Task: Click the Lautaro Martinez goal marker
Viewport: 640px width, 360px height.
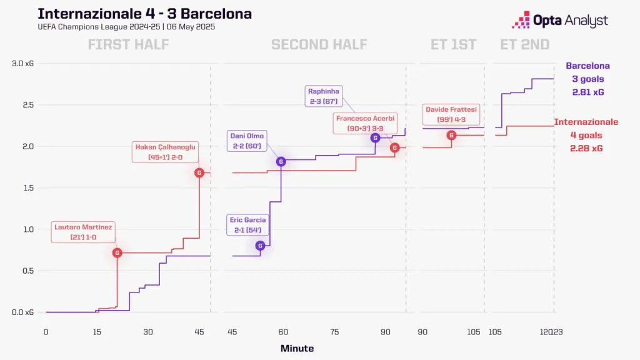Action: click(117, 252)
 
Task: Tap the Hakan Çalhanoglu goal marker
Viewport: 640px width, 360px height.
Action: click(199, 172)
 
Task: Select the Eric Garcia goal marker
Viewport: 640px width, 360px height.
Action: click(260, 246)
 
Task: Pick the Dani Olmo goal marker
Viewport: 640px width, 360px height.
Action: click(281, 162)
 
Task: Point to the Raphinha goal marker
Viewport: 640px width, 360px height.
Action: click(375, 137)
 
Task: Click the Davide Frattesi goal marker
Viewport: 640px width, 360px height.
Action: click(451, 135)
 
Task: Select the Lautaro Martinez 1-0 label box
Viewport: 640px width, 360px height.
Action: click(83, 232)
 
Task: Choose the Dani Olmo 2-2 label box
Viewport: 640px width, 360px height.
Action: click(248, 141)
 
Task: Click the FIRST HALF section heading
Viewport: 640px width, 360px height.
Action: click(128, 44)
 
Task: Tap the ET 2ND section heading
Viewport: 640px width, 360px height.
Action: click(525, 44)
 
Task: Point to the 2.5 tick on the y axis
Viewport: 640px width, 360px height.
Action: click(27, 105)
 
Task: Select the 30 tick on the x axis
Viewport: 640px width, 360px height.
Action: click(148, 332)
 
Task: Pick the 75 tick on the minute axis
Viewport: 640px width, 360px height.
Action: click(334, 332)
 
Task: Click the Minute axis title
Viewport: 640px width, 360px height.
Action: click(297, 348)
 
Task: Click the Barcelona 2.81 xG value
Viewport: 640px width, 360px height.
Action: click(587, 92)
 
